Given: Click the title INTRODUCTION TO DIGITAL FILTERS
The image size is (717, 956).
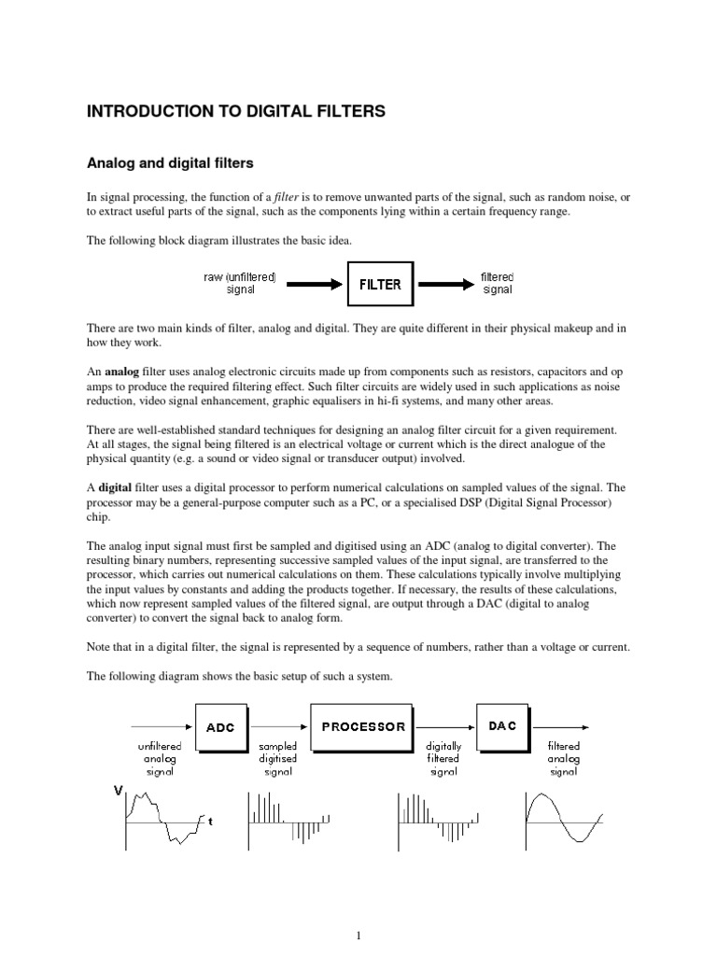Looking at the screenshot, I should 235,112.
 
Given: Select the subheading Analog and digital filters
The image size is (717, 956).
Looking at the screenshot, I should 170,163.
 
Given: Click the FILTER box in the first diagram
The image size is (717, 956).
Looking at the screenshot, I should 380,285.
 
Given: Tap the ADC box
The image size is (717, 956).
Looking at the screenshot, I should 221,726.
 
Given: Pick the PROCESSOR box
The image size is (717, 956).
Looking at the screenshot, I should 364,726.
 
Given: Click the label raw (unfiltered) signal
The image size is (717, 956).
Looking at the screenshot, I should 240,284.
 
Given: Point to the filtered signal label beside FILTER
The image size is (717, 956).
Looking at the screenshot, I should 498,284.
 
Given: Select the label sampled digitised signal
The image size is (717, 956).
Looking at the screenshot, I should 277,759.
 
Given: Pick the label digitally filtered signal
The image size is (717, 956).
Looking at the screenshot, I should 443,759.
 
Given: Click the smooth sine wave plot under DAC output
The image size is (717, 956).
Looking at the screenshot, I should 564,820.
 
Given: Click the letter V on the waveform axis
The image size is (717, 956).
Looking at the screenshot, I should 118,791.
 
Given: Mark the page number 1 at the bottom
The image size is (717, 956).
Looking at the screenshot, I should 358,935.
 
